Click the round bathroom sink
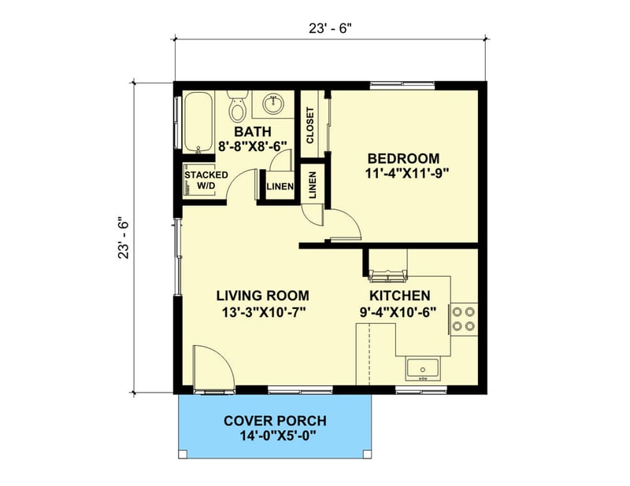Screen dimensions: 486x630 pyautogui.click(x=276, y=103)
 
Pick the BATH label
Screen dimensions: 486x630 pyautogui.click(x=253, y=131)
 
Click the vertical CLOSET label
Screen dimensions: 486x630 pyautogui.click(x=310, y=124)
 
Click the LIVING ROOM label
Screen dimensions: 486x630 pyautogui.click(x=262, y=296)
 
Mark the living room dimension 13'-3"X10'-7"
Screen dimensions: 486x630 pyautogui.click(x=262, y=312)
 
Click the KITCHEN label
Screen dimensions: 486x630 pyautogui.click(x=399, y=296)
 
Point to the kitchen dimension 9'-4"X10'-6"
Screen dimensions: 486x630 pyautogui.click(x=399, y=312)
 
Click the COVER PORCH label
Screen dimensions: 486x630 pyautogui.click(x=275, y=421)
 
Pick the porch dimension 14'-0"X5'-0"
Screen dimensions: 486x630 pyautogui.click(x=275, y=437)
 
